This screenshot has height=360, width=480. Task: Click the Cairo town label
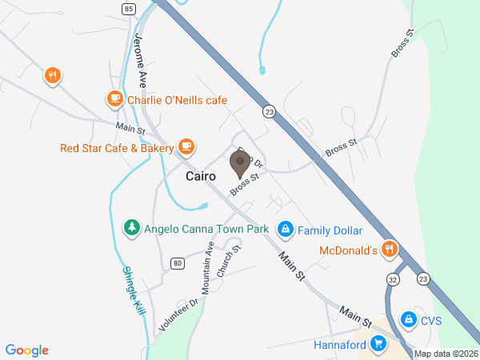[x=203, y=175]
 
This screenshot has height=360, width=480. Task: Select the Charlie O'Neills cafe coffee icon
[x=114, y=99]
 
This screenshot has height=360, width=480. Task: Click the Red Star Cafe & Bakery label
[x=116, y=148]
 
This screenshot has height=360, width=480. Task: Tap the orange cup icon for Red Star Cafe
[x=186, y=146]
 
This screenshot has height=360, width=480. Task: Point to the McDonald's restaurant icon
[x=389, y=250]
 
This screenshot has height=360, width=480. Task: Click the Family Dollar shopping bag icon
[x=283, y=230]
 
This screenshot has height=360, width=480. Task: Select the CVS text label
[x=432, y=319]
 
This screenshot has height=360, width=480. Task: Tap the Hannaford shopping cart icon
[x=380, y=346]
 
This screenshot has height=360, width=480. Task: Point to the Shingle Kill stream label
[x=132, y=289]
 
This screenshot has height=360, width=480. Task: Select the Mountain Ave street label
[x=208, y=268]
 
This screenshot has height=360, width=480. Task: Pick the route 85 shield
[x=130, y=8]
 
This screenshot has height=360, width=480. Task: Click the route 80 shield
[x=177, y=263]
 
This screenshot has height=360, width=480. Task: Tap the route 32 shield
[x=393, y=280]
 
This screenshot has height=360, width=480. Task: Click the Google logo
[x=27, y=350]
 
